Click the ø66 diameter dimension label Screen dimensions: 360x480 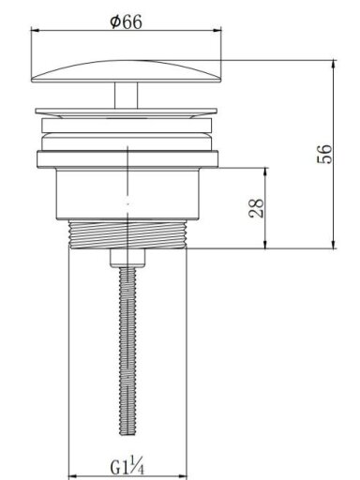[126, 22]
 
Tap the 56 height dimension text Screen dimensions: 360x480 [324, 154]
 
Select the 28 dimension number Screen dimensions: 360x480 [256, 208]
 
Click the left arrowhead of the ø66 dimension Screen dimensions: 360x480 [35, 30]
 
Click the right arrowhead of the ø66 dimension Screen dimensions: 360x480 [217, 30]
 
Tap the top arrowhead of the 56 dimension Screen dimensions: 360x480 [334, 64]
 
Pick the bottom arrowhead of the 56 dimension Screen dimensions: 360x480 [334, 245]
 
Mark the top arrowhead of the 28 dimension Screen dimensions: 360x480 [266, 172]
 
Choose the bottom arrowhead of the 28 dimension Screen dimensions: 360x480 [266, 245]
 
